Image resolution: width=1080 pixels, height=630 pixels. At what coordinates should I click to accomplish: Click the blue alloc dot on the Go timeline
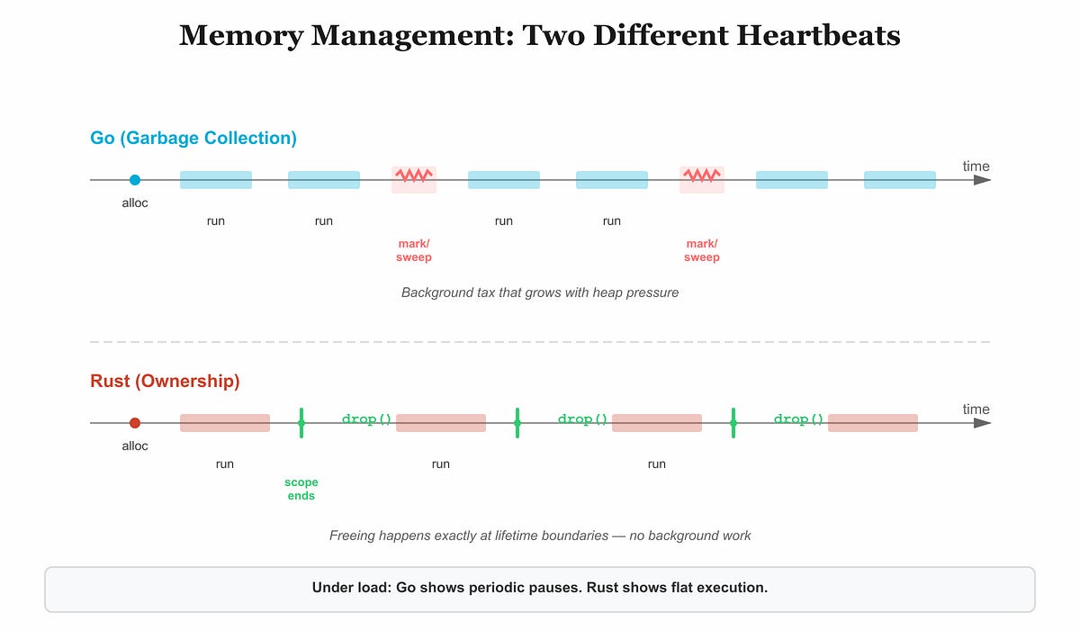(135, 180)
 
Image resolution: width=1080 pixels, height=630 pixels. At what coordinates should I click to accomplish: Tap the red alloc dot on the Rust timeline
(135, 423)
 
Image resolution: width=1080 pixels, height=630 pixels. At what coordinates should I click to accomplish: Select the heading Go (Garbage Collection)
(193, 139)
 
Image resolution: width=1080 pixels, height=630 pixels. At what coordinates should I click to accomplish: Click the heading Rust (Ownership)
(165, 382)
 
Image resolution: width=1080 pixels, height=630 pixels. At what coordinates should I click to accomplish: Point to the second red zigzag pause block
(702, 180)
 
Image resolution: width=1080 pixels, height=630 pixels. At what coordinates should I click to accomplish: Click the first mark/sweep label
(414, 250)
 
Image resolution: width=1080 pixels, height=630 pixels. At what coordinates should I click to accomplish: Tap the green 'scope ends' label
(301, 489)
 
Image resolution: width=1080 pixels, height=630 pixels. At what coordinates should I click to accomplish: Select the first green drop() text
(366, 418)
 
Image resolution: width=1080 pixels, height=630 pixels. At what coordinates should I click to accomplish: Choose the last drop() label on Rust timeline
(798, 418)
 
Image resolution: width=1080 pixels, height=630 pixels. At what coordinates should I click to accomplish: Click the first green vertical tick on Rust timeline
(301, 423)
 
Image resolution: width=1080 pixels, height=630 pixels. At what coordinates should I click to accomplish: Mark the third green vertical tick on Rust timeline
(733, 423)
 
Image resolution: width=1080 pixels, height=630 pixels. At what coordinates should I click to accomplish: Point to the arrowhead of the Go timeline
(982, 180)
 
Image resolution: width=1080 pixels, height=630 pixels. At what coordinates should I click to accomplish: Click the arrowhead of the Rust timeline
(982, 423)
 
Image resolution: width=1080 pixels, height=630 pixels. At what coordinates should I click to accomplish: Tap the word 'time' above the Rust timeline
(976, 409)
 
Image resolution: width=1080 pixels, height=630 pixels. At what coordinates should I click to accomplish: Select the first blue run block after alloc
(216, 180)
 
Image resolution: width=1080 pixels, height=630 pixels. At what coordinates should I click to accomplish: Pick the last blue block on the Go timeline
(900, 180)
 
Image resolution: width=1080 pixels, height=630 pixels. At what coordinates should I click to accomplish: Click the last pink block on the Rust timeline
(873, 423)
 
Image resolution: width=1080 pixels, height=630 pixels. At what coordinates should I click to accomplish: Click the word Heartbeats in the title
(818, 36)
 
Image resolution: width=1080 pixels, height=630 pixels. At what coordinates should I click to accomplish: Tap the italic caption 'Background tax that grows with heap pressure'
(540, 292)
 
